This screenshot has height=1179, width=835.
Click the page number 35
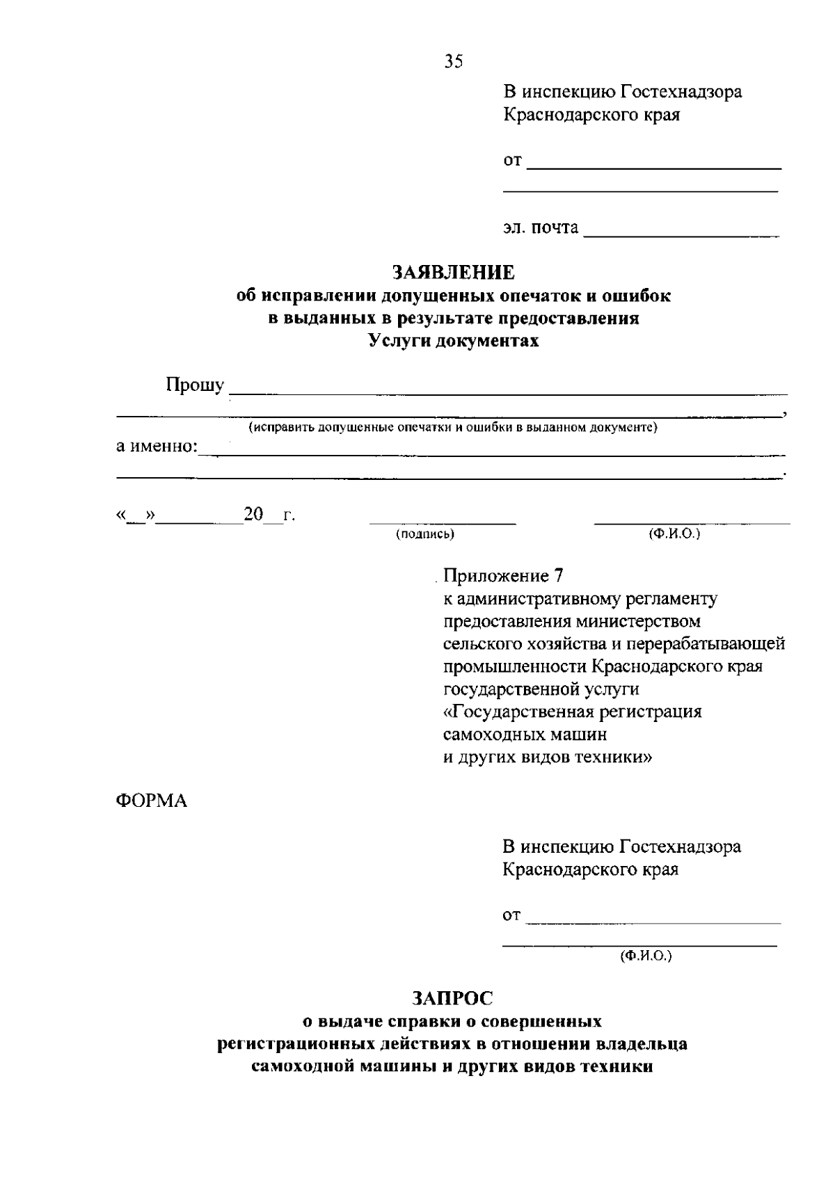point(453,62)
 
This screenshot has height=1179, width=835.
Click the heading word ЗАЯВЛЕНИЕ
point(453,271)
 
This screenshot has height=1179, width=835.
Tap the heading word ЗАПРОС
point(452,998)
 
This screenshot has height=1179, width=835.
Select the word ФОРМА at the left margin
point(151,801)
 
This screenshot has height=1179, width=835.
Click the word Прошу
point(195,385)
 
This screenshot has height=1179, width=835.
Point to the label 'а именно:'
point(157,446)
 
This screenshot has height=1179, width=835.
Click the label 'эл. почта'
point(541,227)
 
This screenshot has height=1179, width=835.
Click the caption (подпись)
point(425,534)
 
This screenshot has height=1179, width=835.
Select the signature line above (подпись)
point(443,522)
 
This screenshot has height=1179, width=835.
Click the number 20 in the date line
point(253,515)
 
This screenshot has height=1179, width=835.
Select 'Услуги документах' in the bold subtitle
point(453,341)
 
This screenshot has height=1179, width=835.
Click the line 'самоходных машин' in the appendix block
point(525,735)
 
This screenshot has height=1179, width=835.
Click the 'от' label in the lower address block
point(511,916)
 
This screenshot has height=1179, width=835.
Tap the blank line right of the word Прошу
point(508,393)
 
